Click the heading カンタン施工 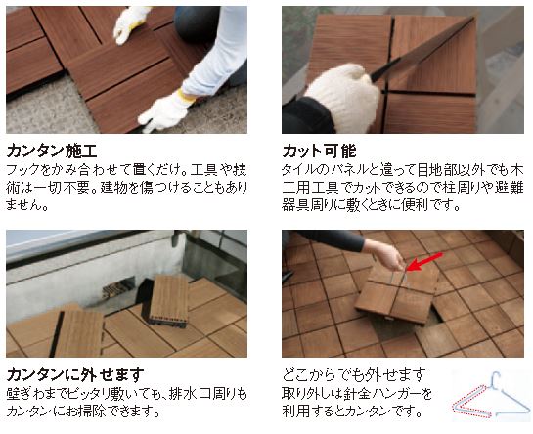tap(52, 152)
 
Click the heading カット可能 tap(319, 151)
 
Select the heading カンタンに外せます tap(75, 375)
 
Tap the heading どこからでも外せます tap(354, 374)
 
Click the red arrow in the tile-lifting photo tap(424, 261)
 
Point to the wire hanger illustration tap(491, 396)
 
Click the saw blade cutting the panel tap(422, 50)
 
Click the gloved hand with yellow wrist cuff tap(167, 108)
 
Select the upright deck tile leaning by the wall tap(169, 302)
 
